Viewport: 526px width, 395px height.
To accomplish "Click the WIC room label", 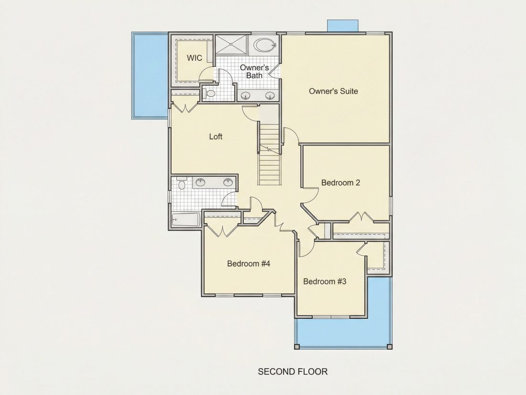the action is pyautogui.click(x=195, y=58).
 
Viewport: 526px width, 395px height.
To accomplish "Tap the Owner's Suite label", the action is pyautogui.click(x=333, y=91).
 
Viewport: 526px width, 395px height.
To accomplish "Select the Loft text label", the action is pyautogui.click(x=216, y=136).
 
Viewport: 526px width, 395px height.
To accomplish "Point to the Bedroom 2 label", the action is pyautogui.click(x=341, y=182).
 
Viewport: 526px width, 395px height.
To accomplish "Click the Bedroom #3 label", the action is pyautogui.click(x=325, y=281).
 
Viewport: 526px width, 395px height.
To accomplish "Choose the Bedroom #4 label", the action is pyautogui.click(x=249, y=263).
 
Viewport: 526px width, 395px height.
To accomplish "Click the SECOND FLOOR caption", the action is pyautogui.click(x=293, y=372).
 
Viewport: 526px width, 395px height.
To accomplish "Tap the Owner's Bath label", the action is pyautogui.click(x=254, y=71).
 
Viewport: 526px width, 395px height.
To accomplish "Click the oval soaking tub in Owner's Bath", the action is pyautogui.click(x=265, y=45).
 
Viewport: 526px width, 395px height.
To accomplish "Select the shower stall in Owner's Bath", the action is pyautogui.click(x=231, y=44).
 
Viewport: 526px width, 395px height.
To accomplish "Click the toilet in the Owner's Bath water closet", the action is pyautogui.click(x=209, y=94).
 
